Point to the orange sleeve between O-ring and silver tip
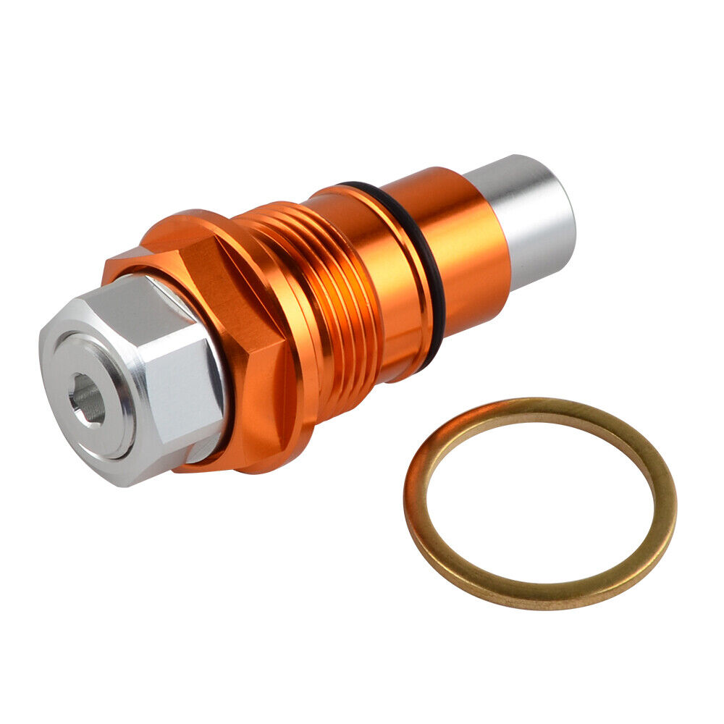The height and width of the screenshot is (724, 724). [x=463, y=246]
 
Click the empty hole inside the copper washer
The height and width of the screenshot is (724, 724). [x=539, y=500]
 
